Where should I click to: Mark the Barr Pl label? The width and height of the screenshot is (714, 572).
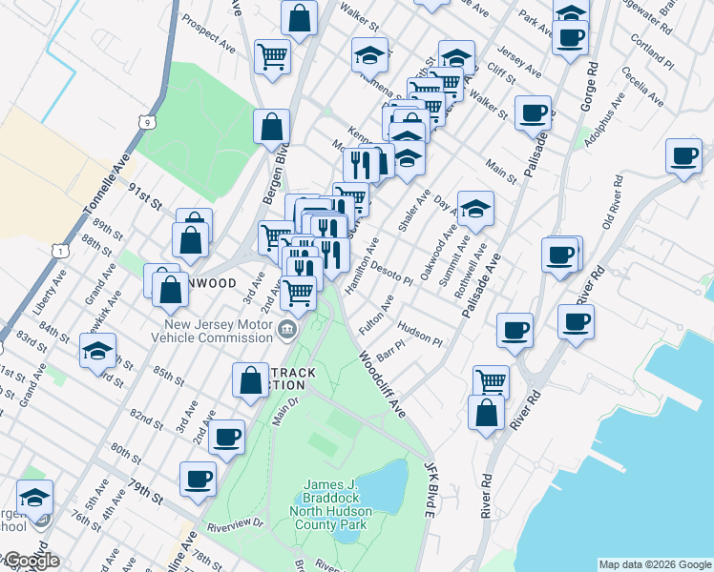point(391,353)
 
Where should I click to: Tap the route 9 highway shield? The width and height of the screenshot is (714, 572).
point(145,122)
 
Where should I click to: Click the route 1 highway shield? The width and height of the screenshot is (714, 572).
point(61,251)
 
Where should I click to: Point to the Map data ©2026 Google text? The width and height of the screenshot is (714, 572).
point(655,564)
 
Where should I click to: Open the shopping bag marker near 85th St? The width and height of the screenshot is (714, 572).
point(250,380)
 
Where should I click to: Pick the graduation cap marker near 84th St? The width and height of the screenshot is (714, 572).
point(97,352)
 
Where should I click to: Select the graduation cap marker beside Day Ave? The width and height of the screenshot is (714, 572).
point(474,211)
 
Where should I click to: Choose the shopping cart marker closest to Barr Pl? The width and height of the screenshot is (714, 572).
point(490,382)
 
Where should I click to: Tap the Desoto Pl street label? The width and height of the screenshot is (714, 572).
point(391,276)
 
